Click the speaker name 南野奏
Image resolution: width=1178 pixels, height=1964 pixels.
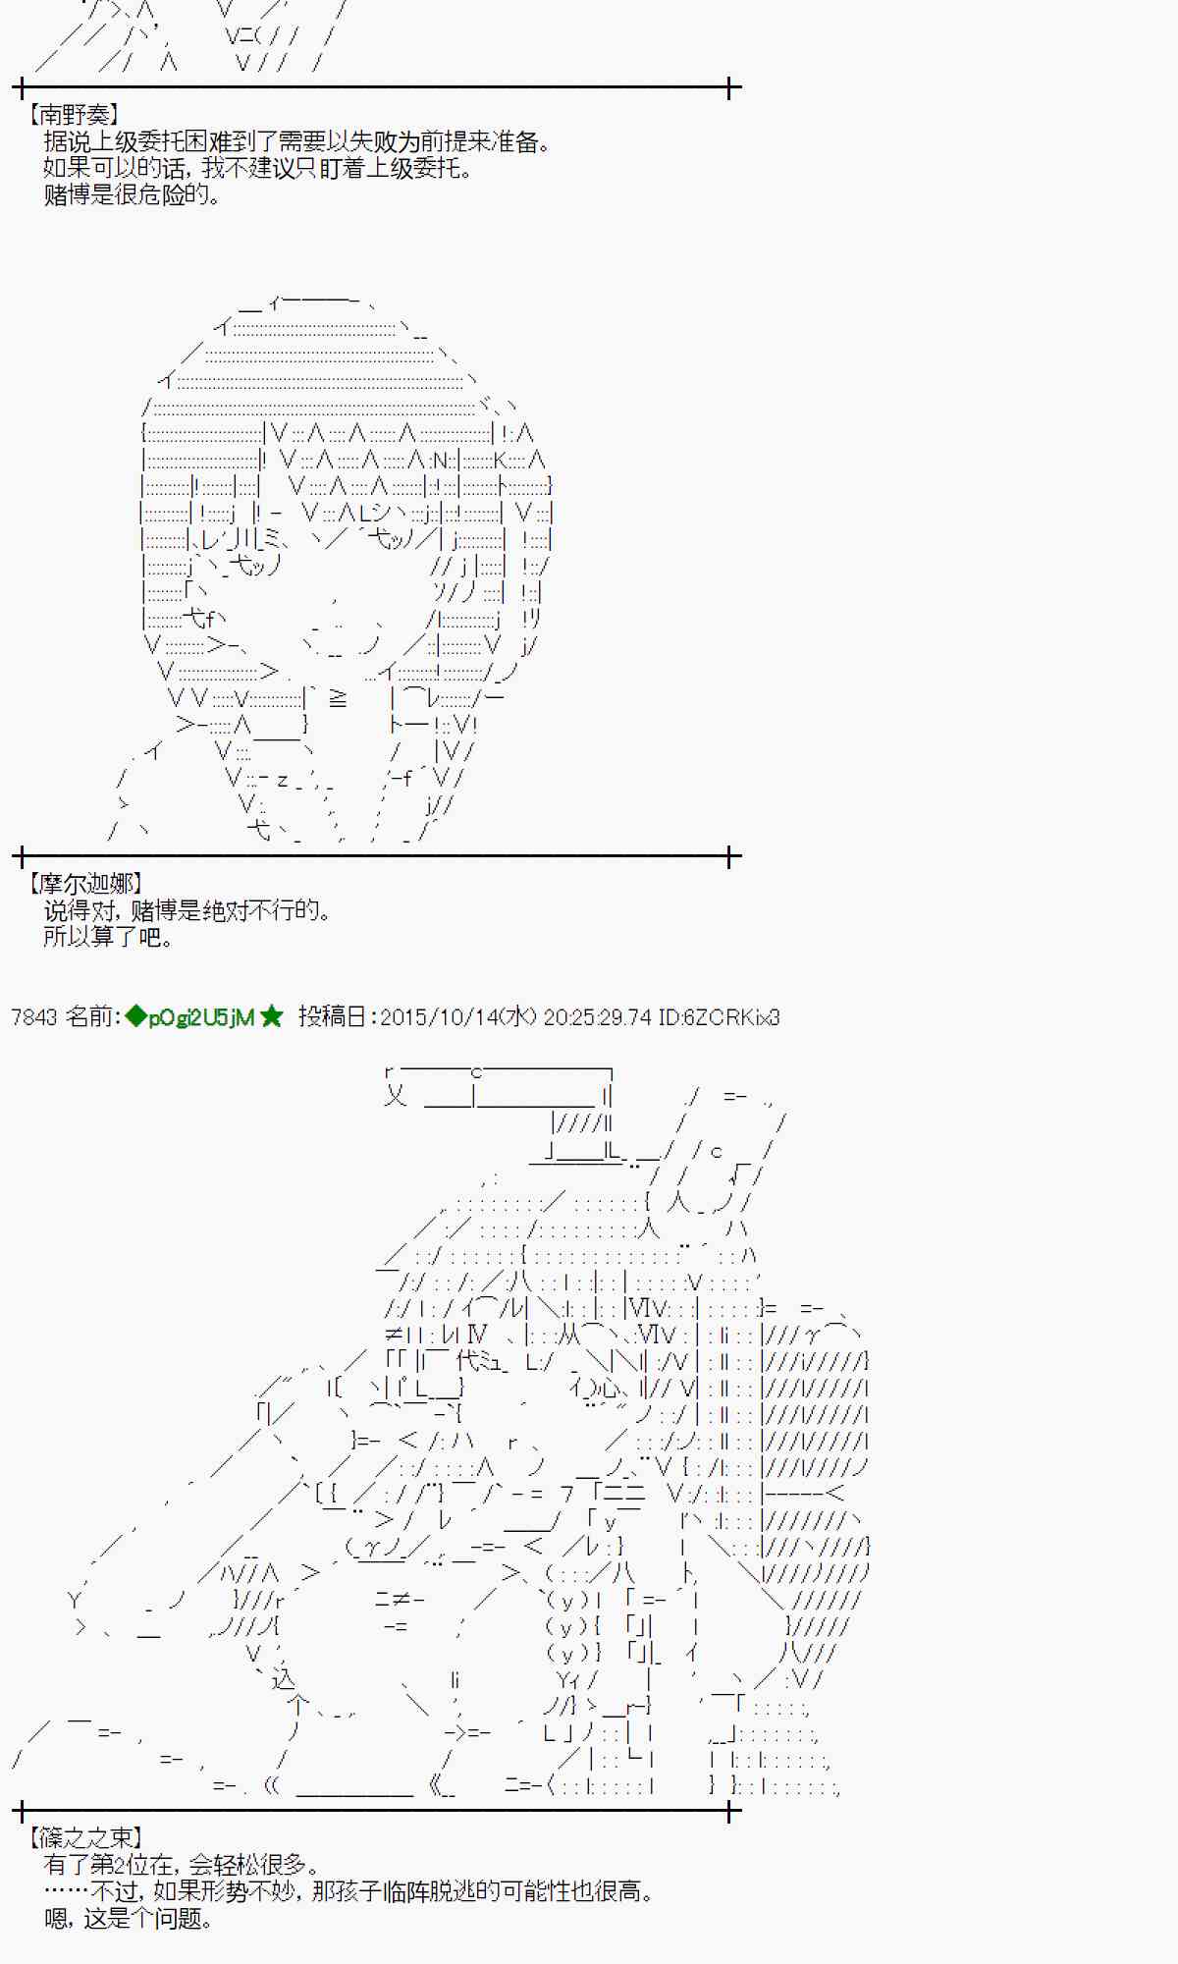click(75, 115)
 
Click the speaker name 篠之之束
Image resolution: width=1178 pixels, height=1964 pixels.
click(86, 1837)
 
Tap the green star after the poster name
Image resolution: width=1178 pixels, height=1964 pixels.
click(272, 1017)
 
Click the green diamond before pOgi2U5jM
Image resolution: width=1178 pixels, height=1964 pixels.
click(135, 1017)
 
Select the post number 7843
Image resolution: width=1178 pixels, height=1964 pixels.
click(34, 1017)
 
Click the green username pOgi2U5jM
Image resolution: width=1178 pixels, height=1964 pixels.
click(201, 1017)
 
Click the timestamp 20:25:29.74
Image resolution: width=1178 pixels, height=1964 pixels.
click(597, 1017)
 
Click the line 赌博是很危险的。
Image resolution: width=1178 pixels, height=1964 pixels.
click(133, 194)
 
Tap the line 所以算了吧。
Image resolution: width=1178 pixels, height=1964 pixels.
click(109, 937)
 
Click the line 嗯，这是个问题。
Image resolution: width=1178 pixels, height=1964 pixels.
click(129, 1918)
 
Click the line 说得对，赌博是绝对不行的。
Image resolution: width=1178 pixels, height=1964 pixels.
click(187, 910)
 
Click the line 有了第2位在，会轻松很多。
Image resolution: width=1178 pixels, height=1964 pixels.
click(182, 1864)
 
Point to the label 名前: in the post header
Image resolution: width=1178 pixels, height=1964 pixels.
click(92, 1017)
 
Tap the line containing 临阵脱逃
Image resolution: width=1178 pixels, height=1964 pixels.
click(348, 1890)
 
